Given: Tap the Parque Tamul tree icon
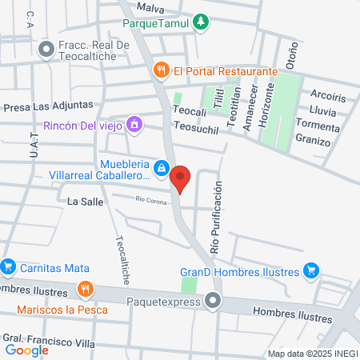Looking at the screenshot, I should pos(202,22).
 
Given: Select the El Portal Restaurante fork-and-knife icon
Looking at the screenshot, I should pos(162,70).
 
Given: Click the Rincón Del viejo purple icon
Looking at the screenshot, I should pos(134,124).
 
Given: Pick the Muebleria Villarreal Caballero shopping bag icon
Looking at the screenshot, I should pos(162,166).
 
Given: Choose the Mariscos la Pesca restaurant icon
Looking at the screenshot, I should pos(85,288).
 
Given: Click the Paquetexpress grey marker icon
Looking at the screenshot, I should pos(213,302).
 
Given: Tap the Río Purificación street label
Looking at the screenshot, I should pos(214,217).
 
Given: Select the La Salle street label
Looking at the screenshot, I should pos(86,202).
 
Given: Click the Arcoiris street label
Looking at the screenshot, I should pos(326,98).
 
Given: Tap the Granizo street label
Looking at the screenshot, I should pos(313,142).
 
